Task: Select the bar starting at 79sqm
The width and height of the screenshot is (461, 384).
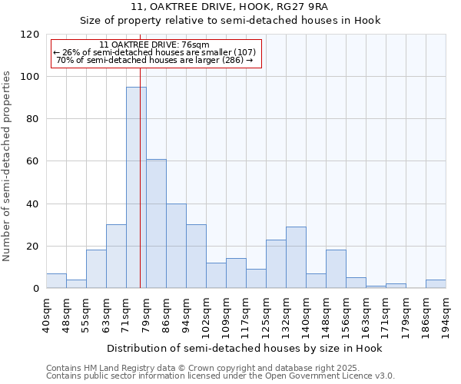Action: pos(156,223)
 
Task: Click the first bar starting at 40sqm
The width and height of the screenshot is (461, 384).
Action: pos(56,281)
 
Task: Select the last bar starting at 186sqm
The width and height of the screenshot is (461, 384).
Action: pos(436,284)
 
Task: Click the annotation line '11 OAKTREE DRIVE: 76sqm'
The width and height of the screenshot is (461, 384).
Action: pos(154,45)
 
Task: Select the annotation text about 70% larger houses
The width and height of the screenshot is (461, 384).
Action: pos(154,60)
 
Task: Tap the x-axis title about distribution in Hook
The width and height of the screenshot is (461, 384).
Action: pos(244,348)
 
